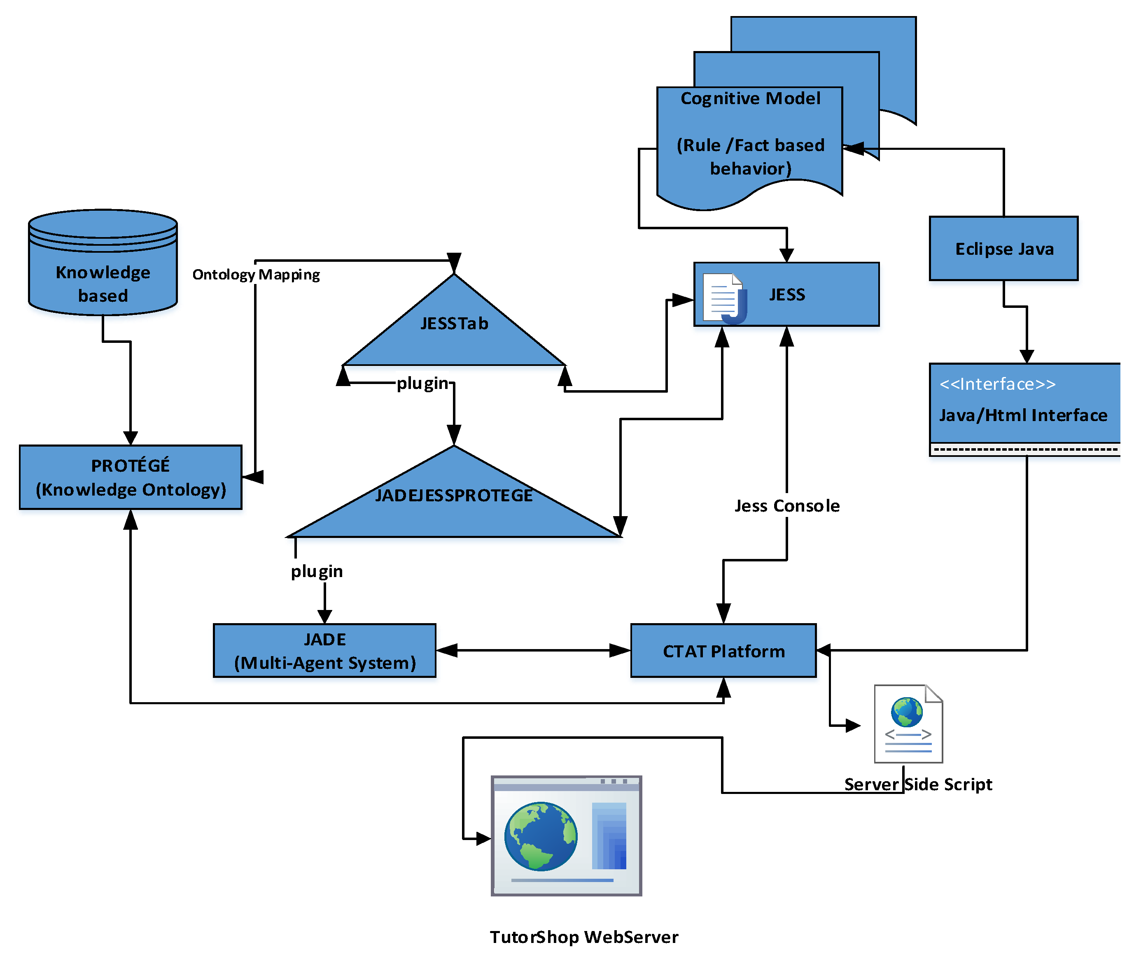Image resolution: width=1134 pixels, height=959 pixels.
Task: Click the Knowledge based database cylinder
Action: click(x=103, y=262)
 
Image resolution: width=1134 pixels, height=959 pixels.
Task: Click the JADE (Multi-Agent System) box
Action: click(x=325, y=650)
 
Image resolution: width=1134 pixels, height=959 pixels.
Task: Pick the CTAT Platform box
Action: click(x=723, y=650)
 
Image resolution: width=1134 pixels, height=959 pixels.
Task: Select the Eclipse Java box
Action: click(x=1004, y=249)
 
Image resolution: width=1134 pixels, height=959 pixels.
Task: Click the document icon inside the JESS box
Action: click(x=724, y=298)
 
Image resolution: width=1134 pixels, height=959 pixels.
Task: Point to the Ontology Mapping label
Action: click(x=256, y=275)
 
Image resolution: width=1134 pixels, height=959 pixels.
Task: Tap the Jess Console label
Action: click(x=787, y=505)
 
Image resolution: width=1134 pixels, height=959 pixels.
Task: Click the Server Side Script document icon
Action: click(x=908, y=724)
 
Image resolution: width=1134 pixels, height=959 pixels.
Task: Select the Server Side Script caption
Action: click(x=918, y=784)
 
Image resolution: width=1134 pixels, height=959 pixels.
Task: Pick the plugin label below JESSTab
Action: click(x=422, y=383)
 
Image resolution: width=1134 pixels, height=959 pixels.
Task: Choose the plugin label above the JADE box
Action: click(x=317, y=571)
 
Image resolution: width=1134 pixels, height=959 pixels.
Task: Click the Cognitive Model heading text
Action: click(x=751, y=98)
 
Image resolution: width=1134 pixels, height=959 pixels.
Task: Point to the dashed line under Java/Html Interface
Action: click(x=1025, y=449)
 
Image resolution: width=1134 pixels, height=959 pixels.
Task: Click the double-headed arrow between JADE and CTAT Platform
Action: click(x=533, y=650)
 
